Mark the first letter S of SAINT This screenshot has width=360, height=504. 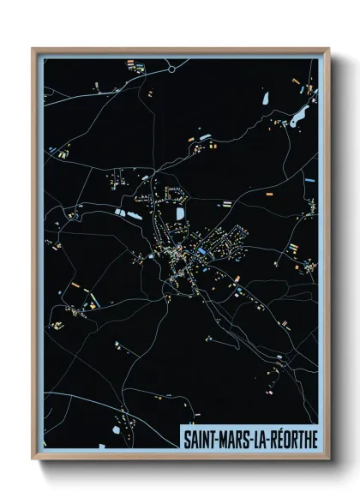187,438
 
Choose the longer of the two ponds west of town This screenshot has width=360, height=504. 135,214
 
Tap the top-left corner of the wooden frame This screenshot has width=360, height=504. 33,49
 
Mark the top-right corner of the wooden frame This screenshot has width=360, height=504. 328,49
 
